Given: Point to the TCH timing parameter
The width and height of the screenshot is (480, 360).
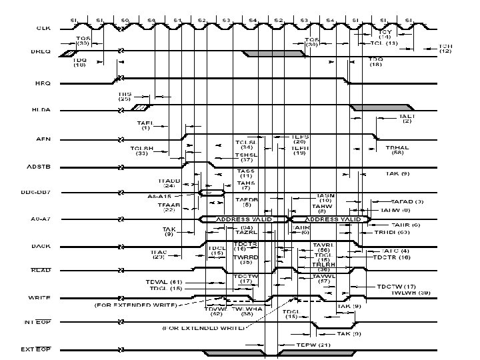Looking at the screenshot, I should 445,47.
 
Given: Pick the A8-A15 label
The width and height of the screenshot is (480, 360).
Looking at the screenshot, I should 159,197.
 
